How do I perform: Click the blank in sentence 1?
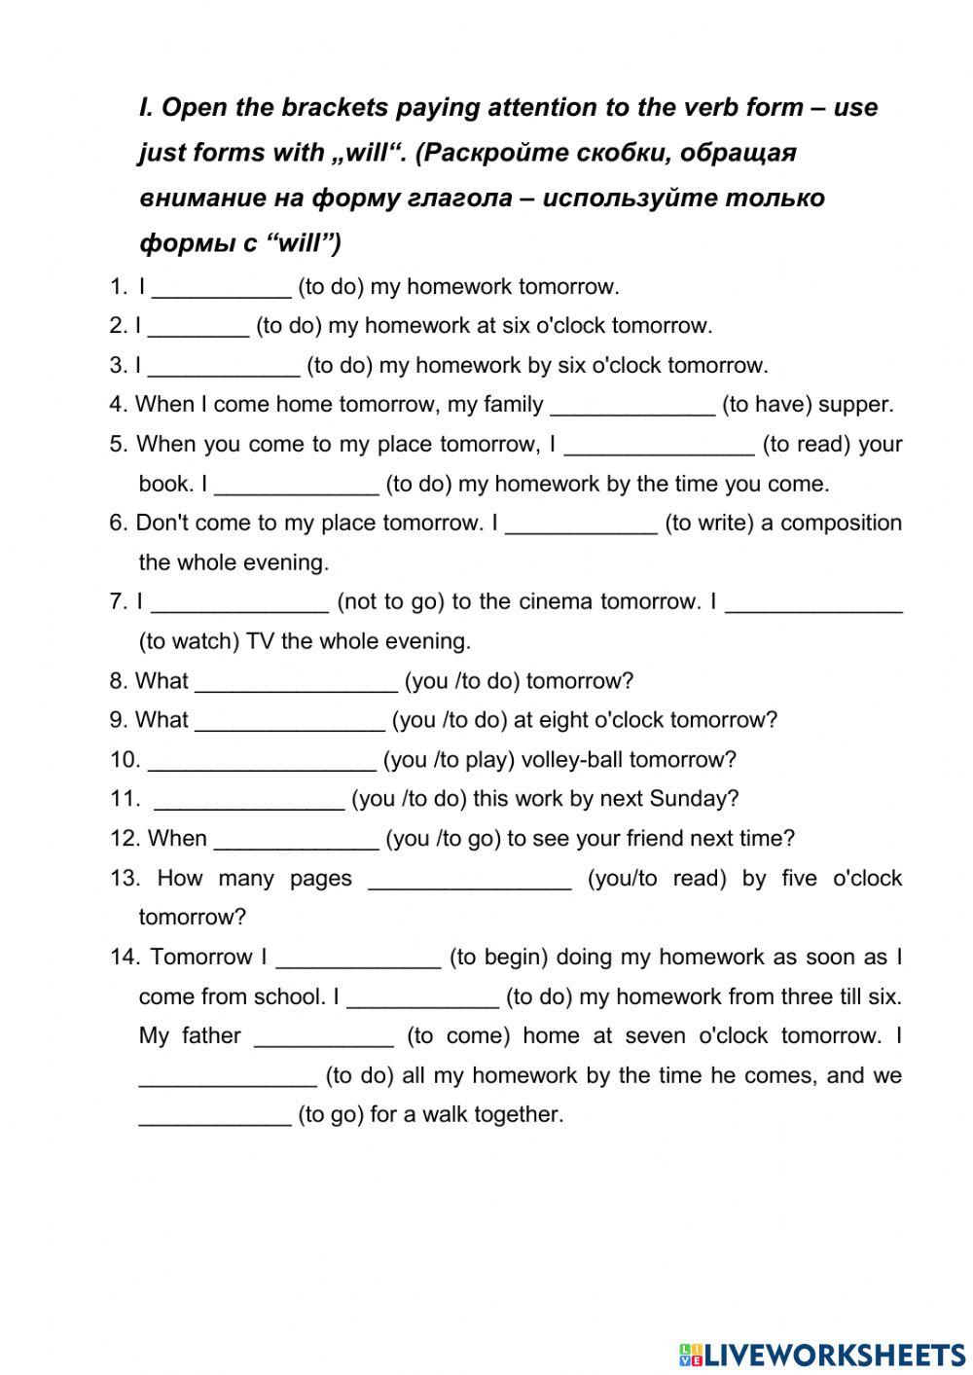pos(222,288)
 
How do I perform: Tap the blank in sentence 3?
pos(224,367)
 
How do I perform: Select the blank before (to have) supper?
pos(632,406)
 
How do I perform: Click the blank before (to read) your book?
pos(659,446)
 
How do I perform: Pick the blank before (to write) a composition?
pos(581,525)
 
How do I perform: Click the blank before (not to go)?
pos(239,603)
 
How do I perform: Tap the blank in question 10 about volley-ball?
pos(262,761)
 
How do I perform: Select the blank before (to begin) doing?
pos(358,959)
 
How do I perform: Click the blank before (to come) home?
pos(324,1037)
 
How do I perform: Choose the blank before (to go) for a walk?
pos(215,1116)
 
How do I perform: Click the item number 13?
pos(126,879)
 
